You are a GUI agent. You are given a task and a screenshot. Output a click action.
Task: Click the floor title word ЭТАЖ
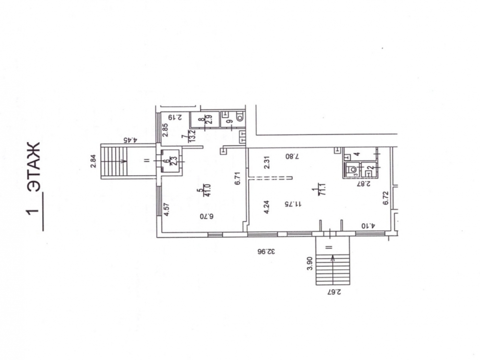click(x=33, y=167)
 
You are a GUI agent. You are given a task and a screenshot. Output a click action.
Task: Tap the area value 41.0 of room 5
click(x=207, y=190)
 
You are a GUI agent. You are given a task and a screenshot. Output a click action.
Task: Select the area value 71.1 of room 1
click(x=323, y=190)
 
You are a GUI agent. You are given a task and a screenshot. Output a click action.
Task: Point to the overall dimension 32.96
click(x=266, y=252)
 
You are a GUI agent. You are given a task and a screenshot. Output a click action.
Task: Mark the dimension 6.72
click(x=385, y=198)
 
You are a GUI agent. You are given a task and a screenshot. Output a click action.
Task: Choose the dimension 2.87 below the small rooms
click(x=364, y=184)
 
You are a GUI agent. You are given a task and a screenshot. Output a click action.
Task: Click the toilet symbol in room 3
click(x=352, y=170)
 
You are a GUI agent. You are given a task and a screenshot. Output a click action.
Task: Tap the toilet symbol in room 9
click(x=240, y=116)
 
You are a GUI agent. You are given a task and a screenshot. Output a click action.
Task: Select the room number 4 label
click(x=357, y=154)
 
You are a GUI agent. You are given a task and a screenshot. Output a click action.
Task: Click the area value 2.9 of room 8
click(x=210, y=118)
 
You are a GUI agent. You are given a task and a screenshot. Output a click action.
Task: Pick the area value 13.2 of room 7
click(x=193, y=136)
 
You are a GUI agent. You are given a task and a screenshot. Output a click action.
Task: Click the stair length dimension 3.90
click(x=310, y=263)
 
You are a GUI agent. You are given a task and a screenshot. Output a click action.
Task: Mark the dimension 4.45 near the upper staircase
click(x=131, y=140)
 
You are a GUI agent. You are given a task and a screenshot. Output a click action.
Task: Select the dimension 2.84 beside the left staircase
click(x=94, y=161)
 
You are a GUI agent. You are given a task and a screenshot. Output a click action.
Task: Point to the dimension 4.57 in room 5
click(x=167, y=210)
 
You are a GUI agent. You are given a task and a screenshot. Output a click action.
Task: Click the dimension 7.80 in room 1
click(x=292, y=156)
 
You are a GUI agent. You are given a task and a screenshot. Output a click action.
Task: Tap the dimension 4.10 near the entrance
click(x=368, y=226)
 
